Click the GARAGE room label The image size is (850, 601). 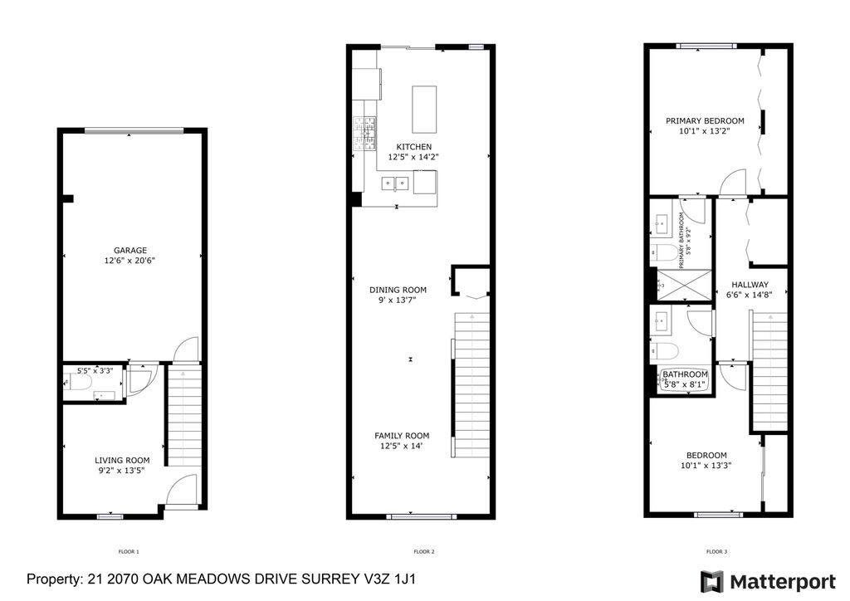pos(130,250)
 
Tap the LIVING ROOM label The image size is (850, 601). pos(122,461)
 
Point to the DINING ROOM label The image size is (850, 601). pos(398,290)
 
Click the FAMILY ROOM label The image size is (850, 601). pos(402,436)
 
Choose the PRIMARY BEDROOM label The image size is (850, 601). pos(705,120)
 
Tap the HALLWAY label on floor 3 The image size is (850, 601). pos(748,284)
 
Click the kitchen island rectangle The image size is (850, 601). pos(425,109)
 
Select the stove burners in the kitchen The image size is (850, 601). pos(364,128)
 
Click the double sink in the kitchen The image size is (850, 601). pos(393,183)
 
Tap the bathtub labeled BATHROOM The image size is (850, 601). pos(685,379)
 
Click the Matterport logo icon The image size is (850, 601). pos(711,581)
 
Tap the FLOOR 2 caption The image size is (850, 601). pos(424,551)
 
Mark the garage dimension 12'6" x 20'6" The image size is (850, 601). pos(130,261)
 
